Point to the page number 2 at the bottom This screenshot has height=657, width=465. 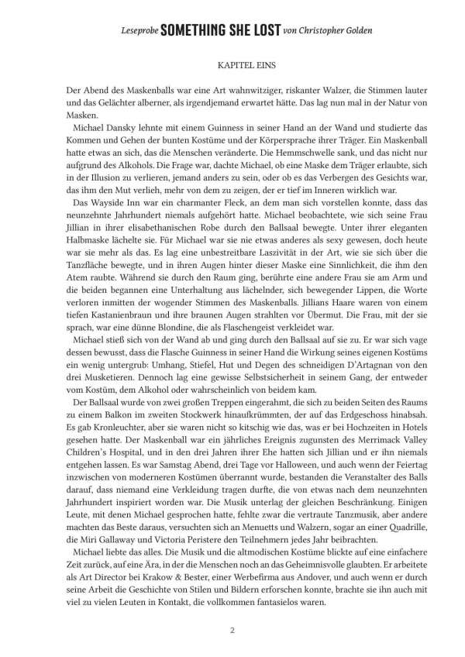tap(232, 630)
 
